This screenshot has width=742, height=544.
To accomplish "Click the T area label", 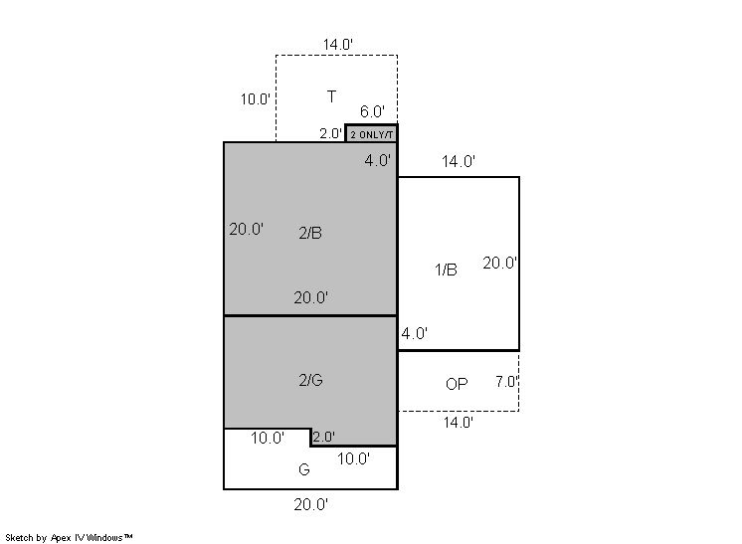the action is click(332, 96).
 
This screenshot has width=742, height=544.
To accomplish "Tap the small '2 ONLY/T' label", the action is click(371, 135).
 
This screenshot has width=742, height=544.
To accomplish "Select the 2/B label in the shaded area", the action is click(310, 233).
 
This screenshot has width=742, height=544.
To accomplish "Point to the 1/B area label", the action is click(446, 270).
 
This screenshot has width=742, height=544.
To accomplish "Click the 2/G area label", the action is click(311, 380).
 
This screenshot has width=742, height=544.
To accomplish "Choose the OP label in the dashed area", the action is click(457, 384).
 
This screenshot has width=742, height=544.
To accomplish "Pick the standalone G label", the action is click(304, 469).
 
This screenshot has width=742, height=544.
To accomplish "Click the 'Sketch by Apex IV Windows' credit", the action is click(69, 538).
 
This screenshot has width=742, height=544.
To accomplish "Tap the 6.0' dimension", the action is click(372, 111).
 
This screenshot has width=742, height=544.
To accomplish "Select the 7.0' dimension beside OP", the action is click(507, 381).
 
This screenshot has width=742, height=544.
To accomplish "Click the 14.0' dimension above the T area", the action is click(338, 45).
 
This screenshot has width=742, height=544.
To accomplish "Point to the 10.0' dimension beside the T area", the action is click(256, 99).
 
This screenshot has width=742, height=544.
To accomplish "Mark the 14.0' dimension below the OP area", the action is click(459, 423).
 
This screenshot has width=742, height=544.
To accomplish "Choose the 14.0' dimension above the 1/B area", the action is click(459, 161).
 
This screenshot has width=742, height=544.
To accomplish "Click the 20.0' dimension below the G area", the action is click(311, 505).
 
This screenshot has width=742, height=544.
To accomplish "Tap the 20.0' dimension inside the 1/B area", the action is click(499, 263).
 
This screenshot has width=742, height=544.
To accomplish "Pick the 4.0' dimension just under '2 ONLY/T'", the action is click(378, 161).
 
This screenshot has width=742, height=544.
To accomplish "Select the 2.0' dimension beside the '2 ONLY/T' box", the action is click(330, 133).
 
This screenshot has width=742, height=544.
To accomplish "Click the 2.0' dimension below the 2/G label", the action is click(323, 437).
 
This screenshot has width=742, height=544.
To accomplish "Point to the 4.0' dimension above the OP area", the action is click(415, 333).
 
